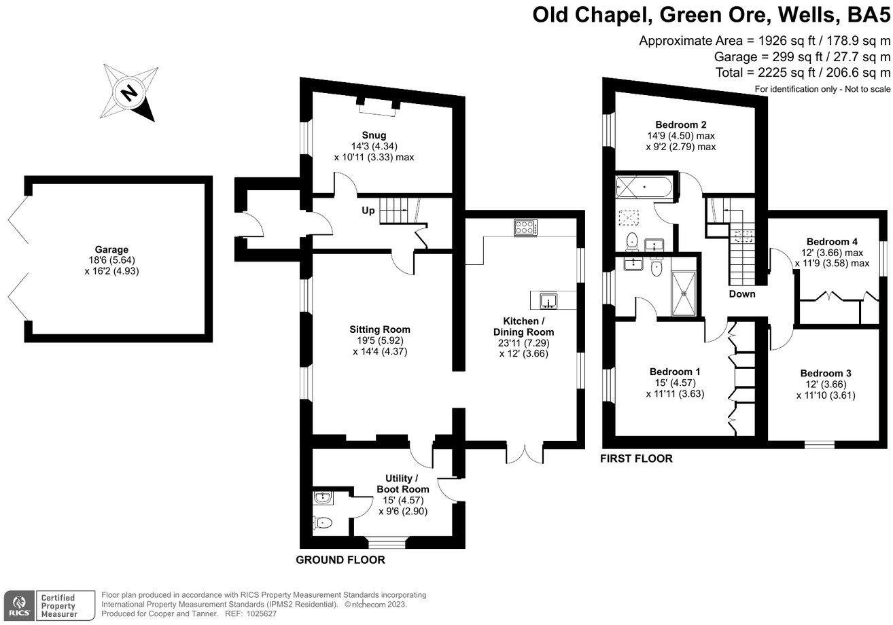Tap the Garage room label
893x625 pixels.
(x=111, y=250)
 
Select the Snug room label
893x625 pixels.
(x=374, y=134)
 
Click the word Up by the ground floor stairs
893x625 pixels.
(x=368, y=211)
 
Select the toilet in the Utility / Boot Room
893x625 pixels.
(x=322, y=522)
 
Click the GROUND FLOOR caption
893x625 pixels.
(x=340, y=560)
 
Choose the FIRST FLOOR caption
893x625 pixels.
(x=636, y=459)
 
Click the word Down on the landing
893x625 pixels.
(x=742, y=294)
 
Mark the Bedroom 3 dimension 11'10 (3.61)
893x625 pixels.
(x=825, y=395)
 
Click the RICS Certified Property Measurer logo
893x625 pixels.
(x=49, y=605)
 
